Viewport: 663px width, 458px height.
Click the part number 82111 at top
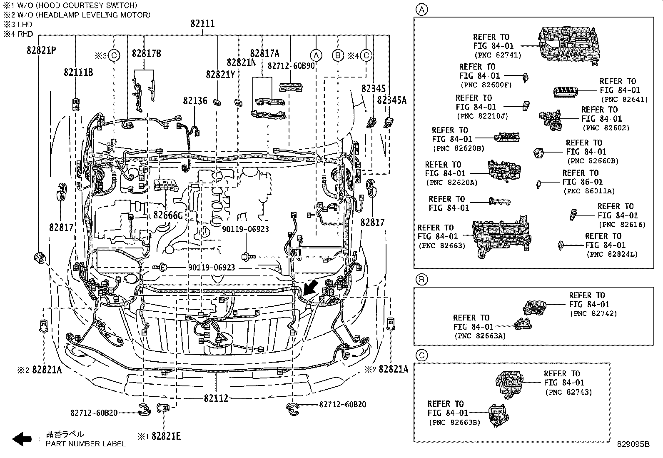pos(203,24)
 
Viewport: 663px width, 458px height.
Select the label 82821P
pos(41,50)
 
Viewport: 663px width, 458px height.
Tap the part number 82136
pos(195,101)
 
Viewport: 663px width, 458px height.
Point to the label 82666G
pos(168,215)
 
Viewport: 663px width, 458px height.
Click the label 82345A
pos(391,100)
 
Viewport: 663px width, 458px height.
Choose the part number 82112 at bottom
pos(216,398)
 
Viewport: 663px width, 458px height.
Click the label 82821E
pos(166,436)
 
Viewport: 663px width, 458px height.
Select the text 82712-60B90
pos(291,66)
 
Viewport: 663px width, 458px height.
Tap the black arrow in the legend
pos(22,438)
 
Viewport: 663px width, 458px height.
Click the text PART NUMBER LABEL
pos(86,444)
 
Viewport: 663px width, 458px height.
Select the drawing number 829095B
pos(633,444)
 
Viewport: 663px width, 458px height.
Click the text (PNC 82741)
pos(497,55)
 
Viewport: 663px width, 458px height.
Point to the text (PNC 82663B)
pos(454,422)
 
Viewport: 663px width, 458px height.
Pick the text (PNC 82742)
pos(593,313)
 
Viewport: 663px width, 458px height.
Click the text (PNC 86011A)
pos(588,191)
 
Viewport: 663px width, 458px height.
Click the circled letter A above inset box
pos(422,10)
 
